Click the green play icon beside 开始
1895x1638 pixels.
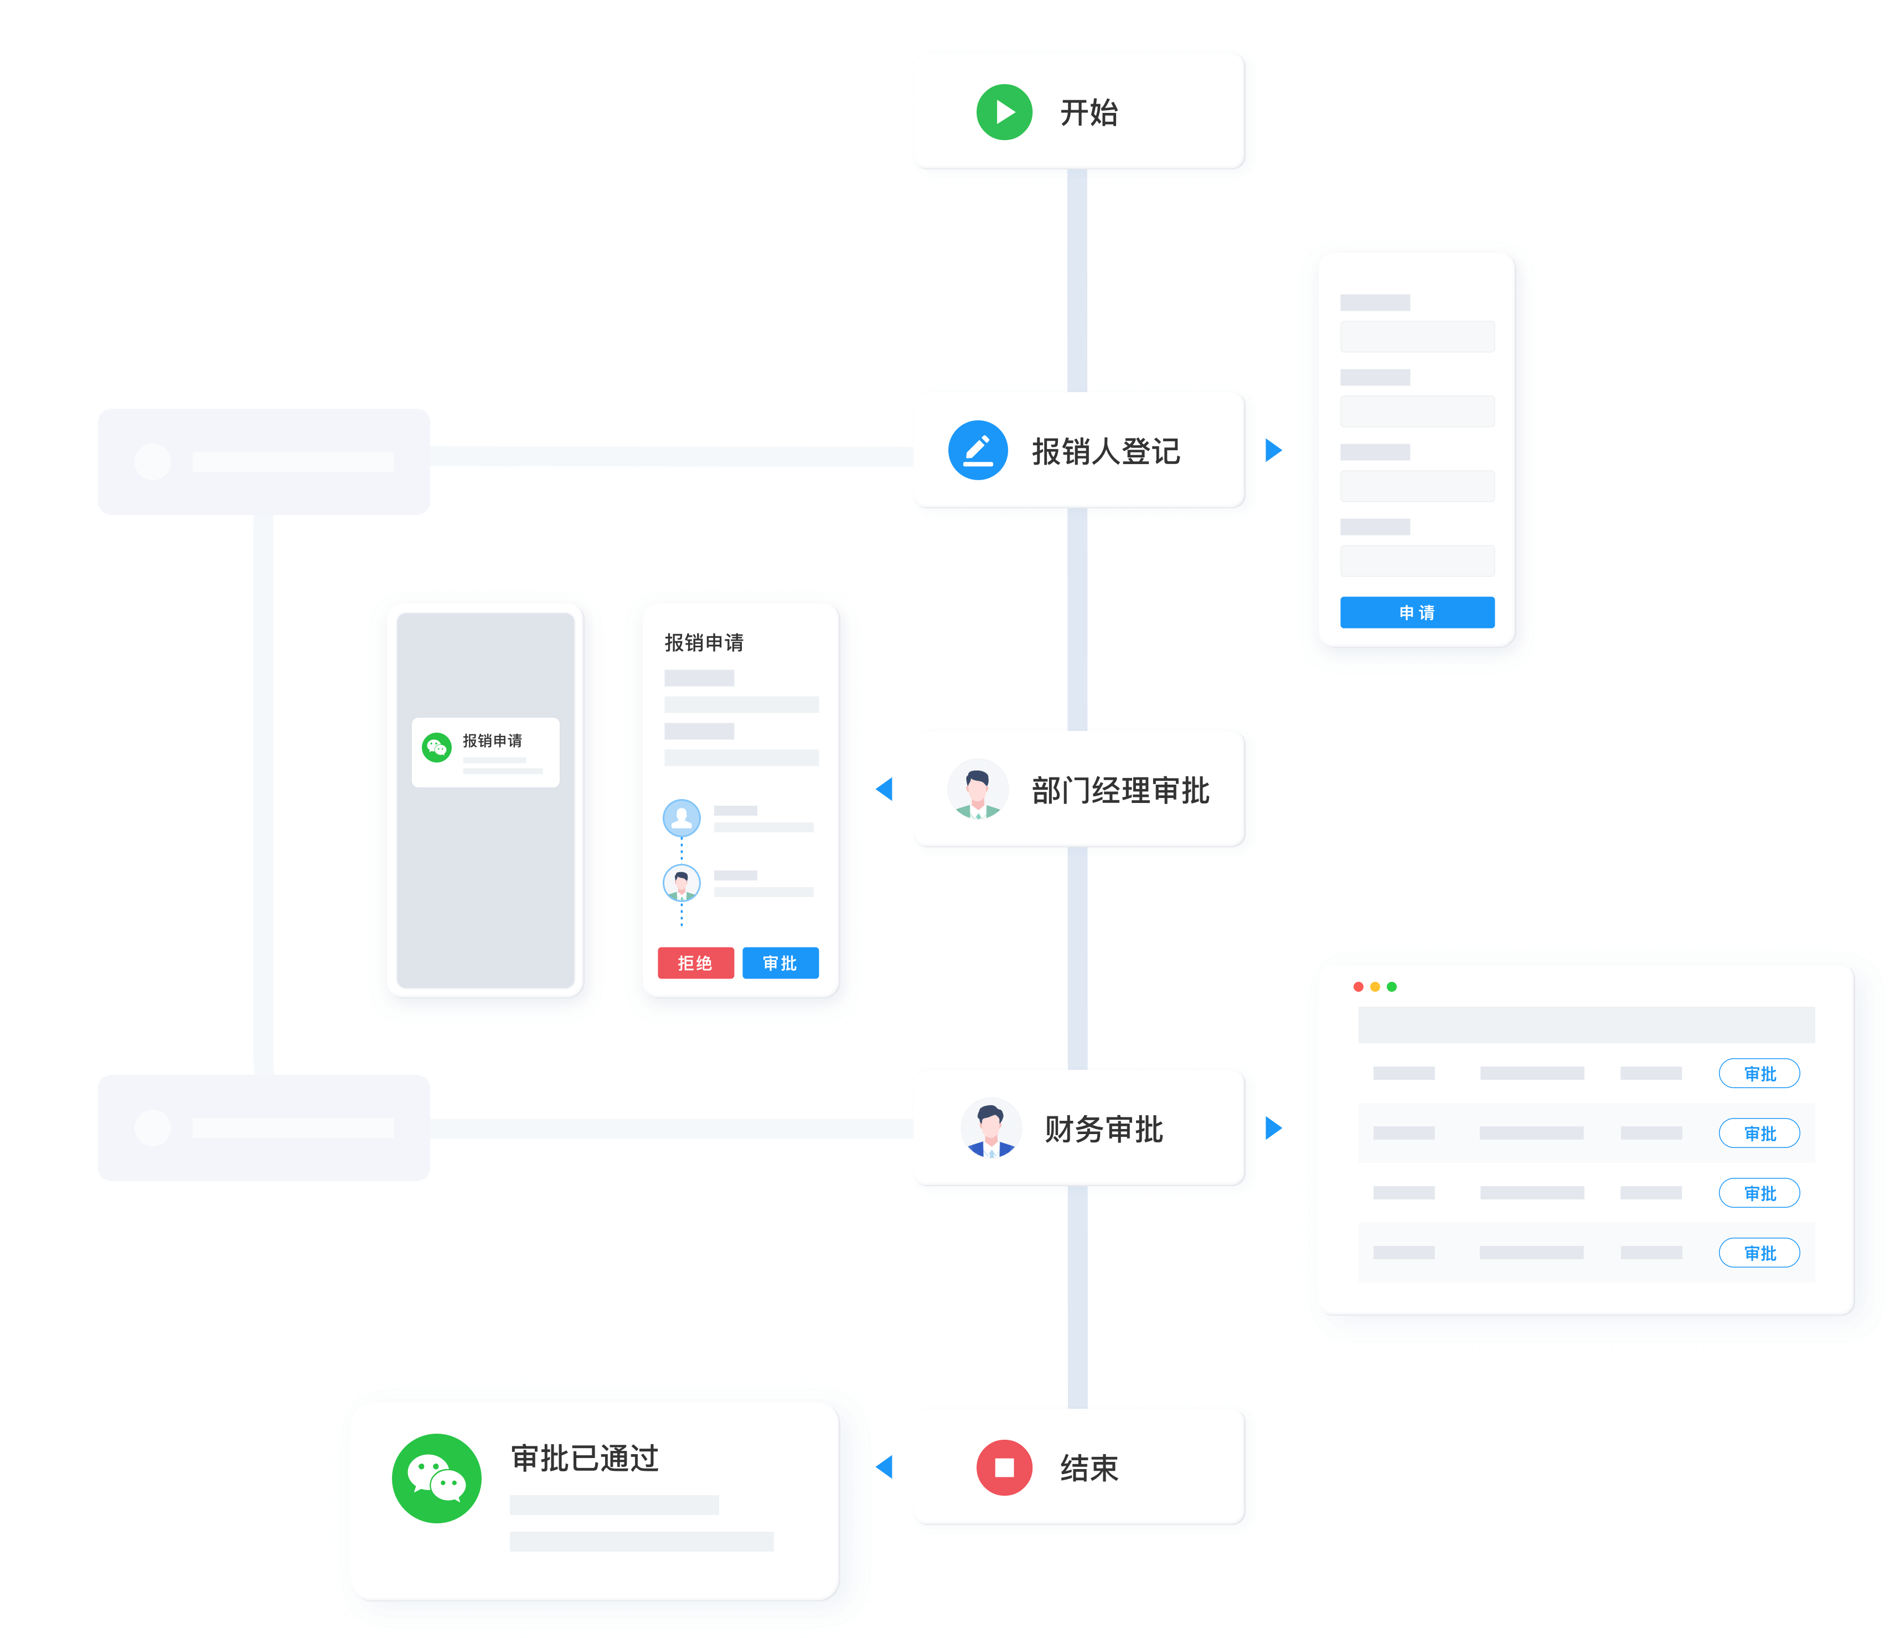point(1004,112)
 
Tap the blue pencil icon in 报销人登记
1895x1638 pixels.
point(978,450)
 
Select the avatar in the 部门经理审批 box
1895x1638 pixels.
point(978,789)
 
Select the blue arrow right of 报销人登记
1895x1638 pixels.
point(1273,450)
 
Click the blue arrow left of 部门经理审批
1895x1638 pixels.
point(885,789)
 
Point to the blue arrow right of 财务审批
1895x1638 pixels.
point(1273,1127)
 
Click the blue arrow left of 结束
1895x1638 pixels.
point(885,1467)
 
